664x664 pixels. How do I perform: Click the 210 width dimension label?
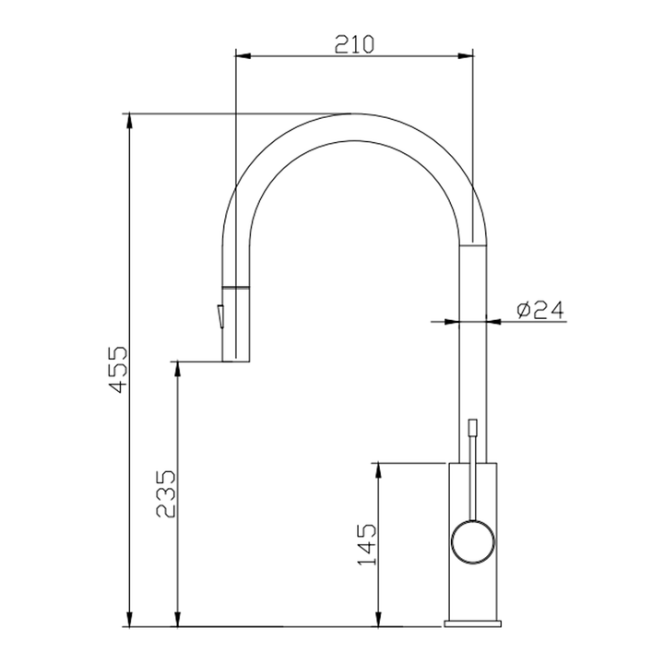[354, 43]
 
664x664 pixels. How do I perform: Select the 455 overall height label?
[116, 370]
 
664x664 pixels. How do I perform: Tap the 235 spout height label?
[166, 494]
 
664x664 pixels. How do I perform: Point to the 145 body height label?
[366, 544]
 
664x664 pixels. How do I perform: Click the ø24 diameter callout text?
[539, 311]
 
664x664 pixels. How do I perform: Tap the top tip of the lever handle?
[473, 423]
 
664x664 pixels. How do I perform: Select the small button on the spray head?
[220, 315]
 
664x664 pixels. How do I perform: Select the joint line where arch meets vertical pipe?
[474, 244]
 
